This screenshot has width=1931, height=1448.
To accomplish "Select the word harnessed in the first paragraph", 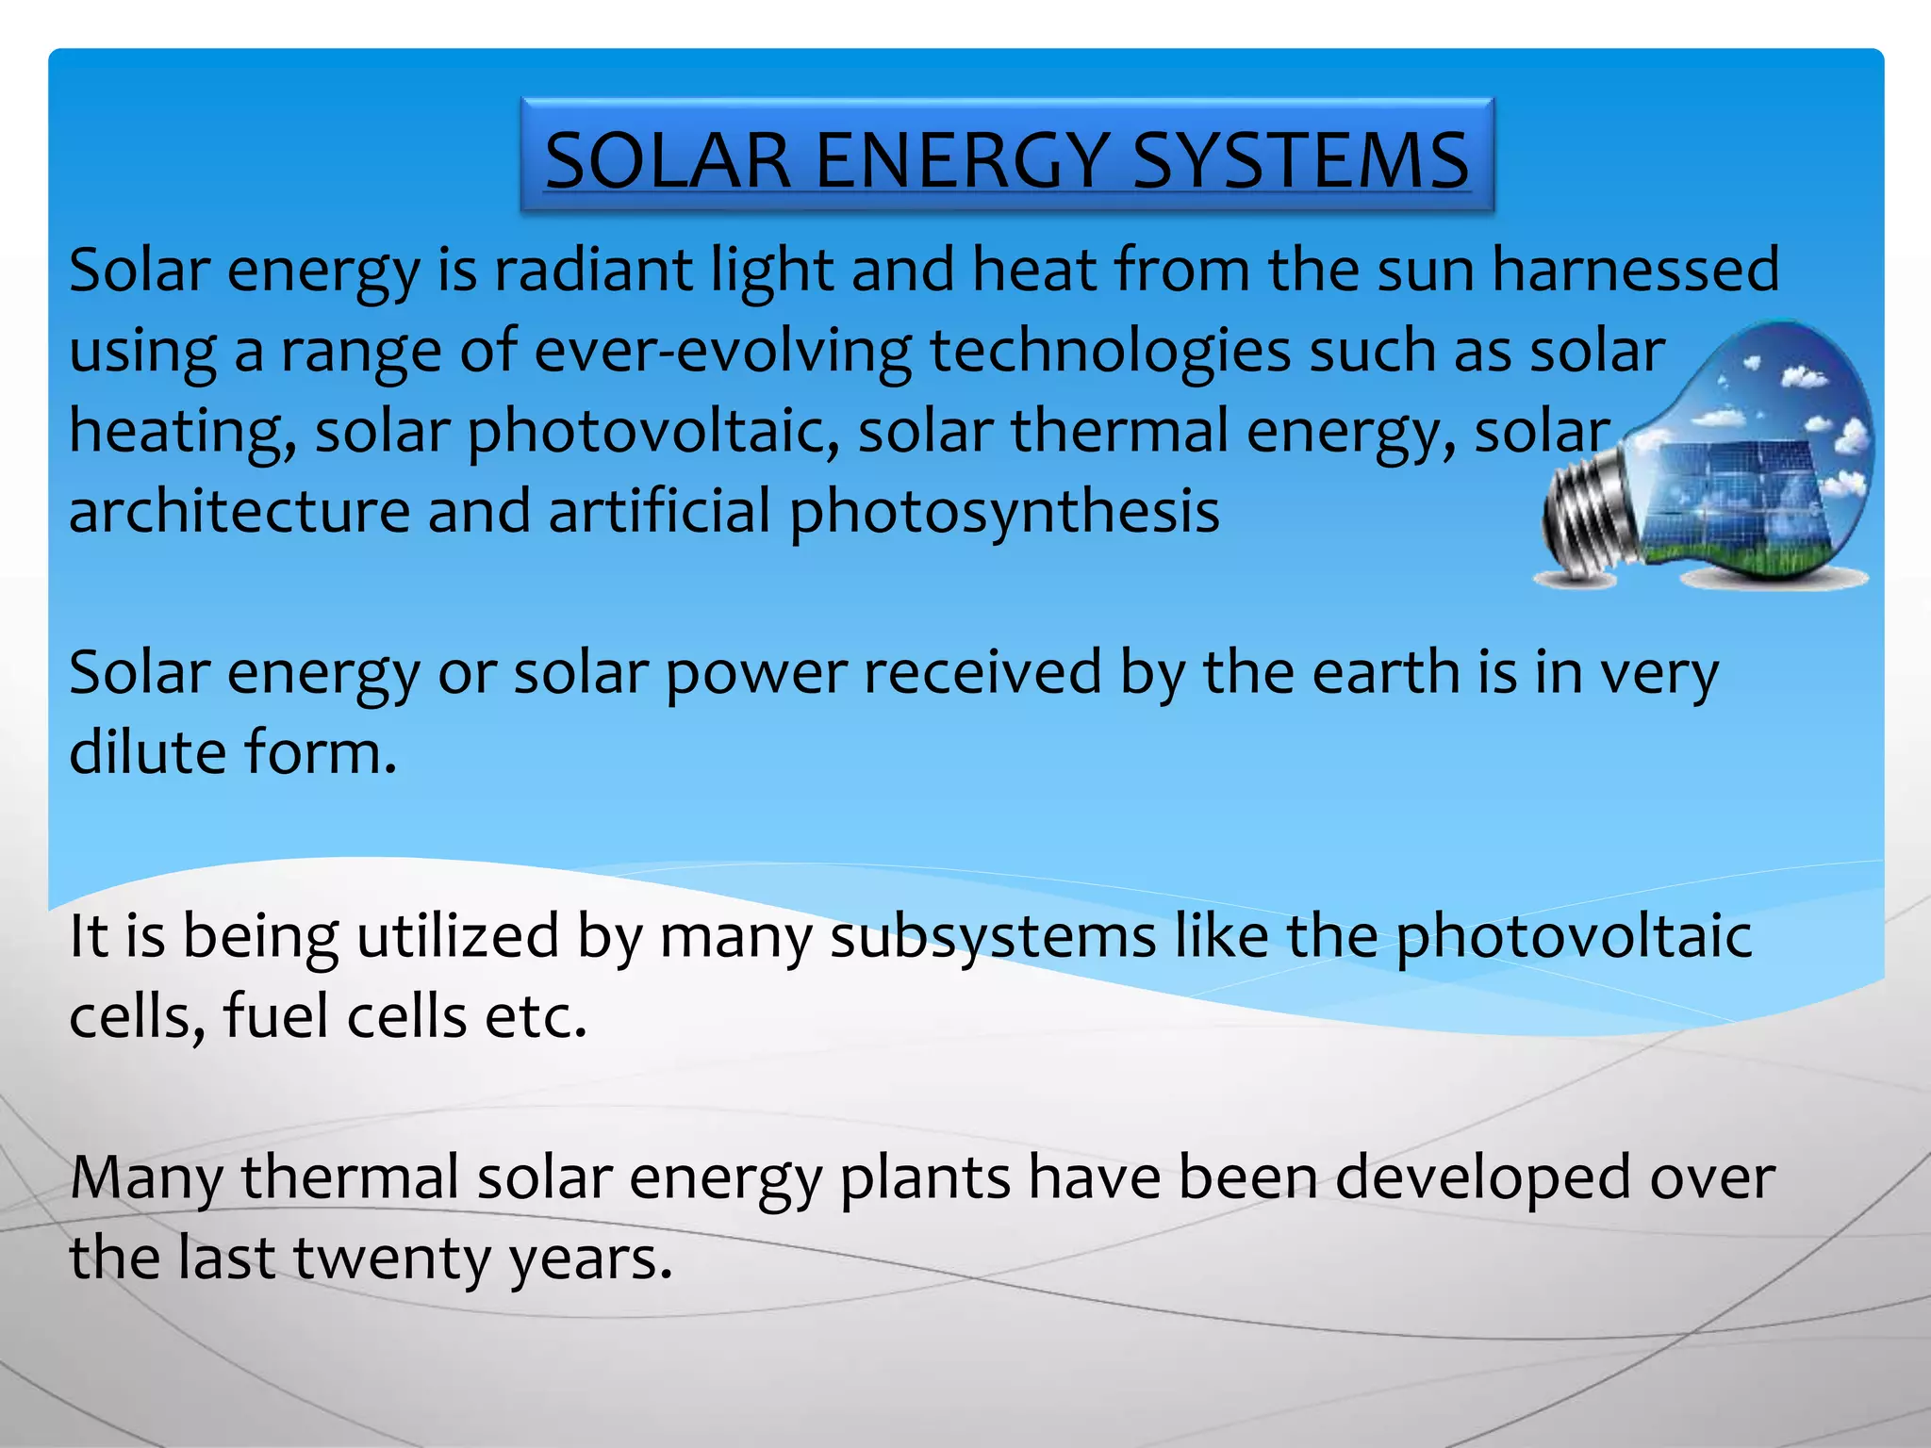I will click(1636, 271).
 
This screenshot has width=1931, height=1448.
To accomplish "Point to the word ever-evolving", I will click(723, 351).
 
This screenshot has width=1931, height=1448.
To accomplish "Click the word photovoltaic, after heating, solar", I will click(652, 434).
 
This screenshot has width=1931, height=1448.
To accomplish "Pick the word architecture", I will click(239, 512).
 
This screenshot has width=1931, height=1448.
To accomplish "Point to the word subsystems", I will click(993, 939).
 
